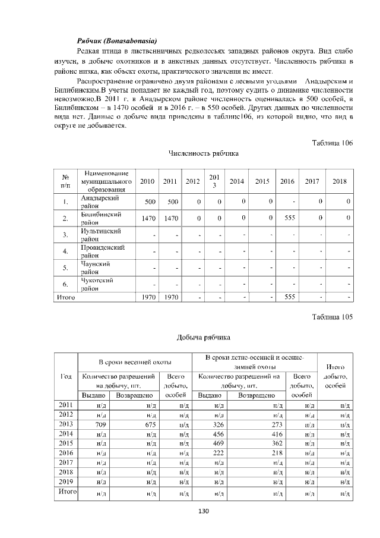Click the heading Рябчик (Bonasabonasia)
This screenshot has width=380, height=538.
click(x=117, y=41)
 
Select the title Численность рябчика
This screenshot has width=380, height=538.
click(x=204, y=153)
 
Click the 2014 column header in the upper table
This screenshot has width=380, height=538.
click(x=237, y=181)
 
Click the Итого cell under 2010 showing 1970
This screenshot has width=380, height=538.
click(x=148, y=296)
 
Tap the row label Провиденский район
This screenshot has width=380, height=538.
click(x=103, y=251)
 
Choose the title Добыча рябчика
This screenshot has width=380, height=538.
click(x=203, y=338)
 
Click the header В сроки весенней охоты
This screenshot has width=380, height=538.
click(x=135, y=361)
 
